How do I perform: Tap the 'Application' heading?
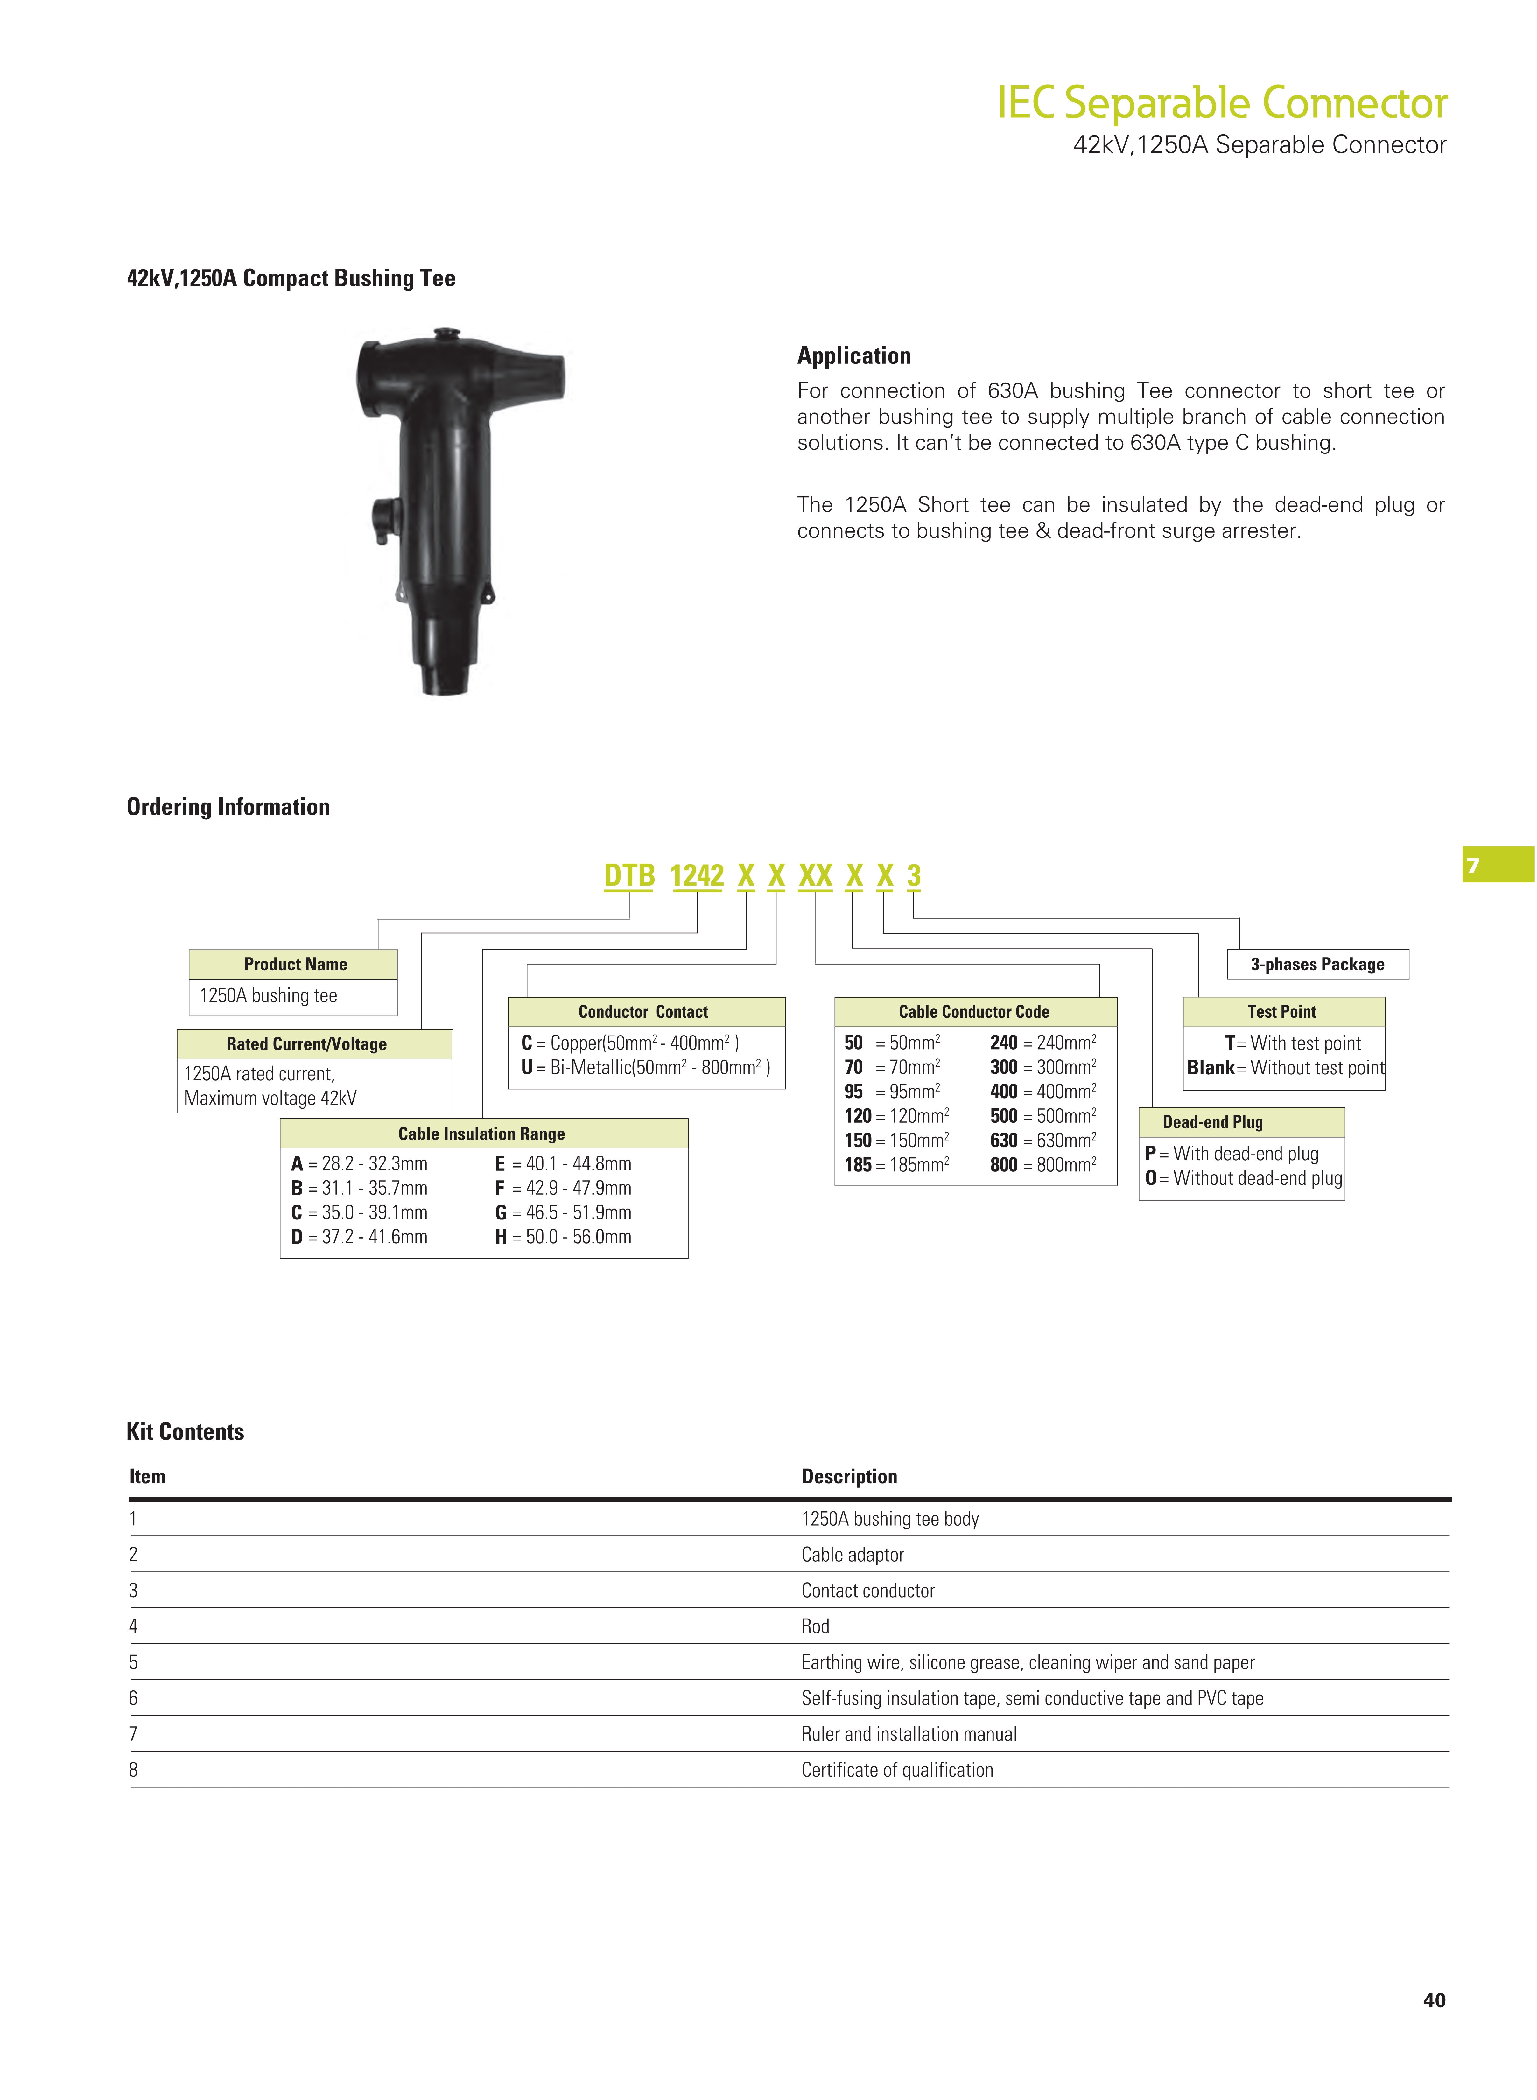pyautogui.click(x=853, y=355)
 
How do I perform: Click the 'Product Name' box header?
pyautogui.click(x=295, y=964)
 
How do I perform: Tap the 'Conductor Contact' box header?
pyautogui.click(x=643, y=1011)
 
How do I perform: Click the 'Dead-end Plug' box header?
pyautogui.click(x=1212, y=1122)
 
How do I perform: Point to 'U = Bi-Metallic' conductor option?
pyautogui.click(x=645, y=1067)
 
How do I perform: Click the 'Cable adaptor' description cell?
pyautogui.click(x=852, y=1555)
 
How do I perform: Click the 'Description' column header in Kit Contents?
pyautogui.click(x=848, y=1477)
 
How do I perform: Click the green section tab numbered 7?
pyautogui.click(x=1497, y=865)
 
